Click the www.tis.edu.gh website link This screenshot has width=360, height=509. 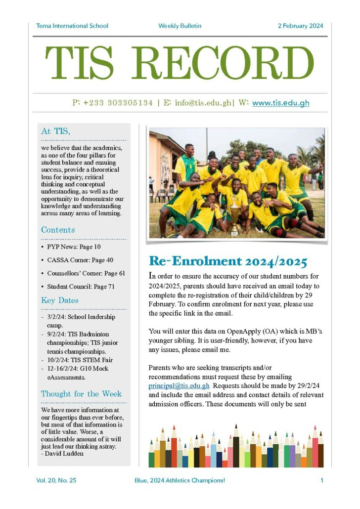pos(280,103)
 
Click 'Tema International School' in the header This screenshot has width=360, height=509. pos(72,26)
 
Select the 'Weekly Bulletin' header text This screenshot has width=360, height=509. pos(180,26)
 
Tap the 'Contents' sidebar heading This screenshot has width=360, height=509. pos(58,230)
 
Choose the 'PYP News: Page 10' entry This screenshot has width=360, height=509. pos(74,247)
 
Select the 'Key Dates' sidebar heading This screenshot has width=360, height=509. pos(59,300)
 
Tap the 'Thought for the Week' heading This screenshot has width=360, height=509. pos(81,394)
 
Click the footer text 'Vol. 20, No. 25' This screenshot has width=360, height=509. pos(56,480)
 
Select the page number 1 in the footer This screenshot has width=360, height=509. pos(321,480)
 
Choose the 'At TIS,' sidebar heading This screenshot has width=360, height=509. pos(55,131)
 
